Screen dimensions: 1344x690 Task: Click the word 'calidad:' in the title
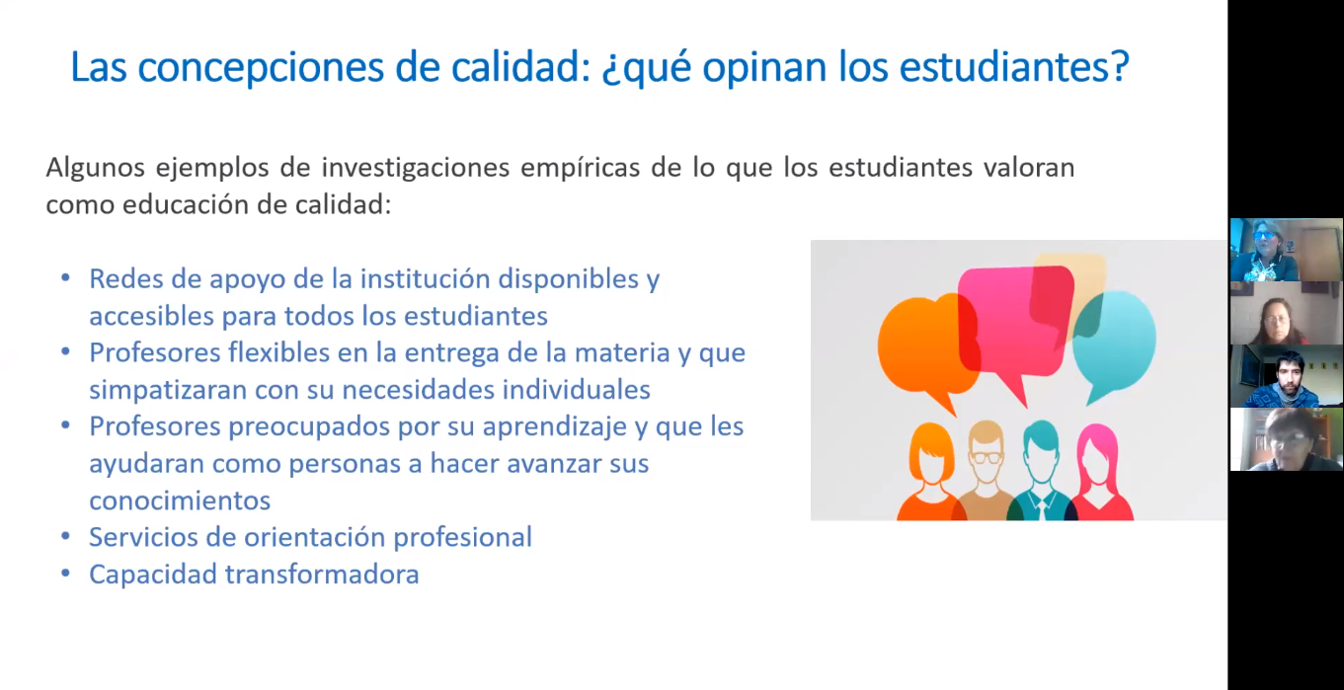coord(521,66)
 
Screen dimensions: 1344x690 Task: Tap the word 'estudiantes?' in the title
coord(1014,66)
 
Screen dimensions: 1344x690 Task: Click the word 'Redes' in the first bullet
coord(125,279)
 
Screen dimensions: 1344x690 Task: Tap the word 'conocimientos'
coord(180,500)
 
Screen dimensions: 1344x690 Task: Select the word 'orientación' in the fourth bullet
coord(312,538)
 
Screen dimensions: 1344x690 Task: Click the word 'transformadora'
coord(322,575)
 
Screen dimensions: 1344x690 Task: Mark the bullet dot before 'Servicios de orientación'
coord(65,536)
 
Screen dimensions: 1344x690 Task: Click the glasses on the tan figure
coord(986,457)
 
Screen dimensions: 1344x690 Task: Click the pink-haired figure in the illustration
coord(1100,473)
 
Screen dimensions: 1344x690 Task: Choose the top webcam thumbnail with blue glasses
coord(1286,250)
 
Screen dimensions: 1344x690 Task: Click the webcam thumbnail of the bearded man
coord(1286,376)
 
